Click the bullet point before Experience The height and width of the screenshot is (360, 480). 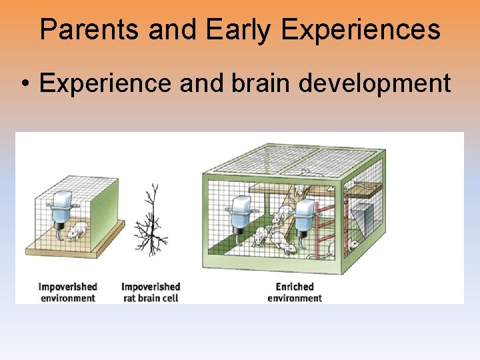(x=25, y=84)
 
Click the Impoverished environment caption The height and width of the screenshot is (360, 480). (x=67, y=292)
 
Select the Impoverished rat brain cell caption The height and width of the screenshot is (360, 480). (x=151, y=292)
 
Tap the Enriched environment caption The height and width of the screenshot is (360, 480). (x=294, y=292)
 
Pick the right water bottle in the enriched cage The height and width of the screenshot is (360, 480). (x=305, y=217)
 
